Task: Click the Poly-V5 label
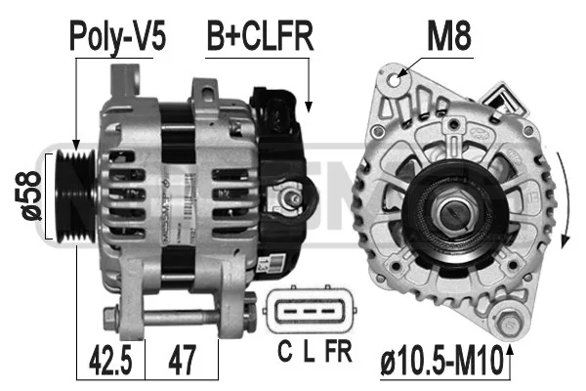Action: (117, 37)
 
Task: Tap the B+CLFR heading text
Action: (260, 36)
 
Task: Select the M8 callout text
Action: (449, 36)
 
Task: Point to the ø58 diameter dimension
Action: (28, 195)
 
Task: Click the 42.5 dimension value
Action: (110, 360)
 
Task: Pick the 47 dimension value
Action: (183, 360)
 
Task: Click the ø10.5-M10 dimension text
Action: (441, 361)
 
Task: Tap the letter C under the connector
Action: (285, 351)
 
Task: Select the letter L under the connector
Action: (309, 351)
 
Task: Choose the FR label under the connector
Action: (339, 351)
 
